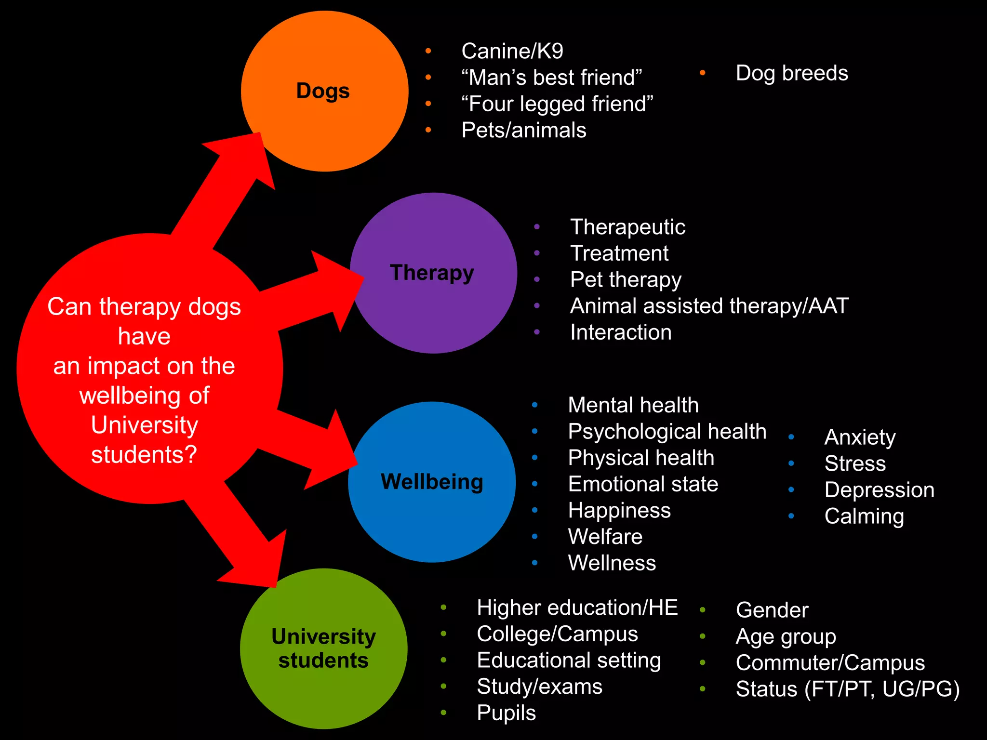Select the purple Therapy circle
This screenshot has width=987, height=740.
pos(433,308)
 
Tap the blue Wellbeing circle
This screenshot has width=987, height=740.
pos(432,520)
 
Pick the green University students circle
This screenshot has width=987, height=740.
pos(324,694)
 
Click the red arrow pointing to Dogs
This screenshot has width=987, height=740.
pos(227,188)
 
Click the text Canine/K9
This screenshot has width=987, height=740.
pos(512,51)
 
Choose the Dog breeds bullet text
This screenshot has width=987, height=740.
pos(792,73)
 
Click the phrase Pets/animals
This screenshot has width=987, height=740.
pos(524,130)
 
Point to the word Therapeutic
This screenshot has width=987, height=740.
pos(627,227)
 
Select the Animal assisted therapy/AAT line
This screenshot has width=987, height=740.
pos(709,306)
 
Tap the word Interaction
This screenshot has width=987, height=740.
pos(621,332)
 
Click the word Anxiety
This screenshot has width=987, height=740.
pos(860,437)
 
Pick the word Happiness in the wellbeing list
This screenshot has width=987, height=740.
pos(619,510)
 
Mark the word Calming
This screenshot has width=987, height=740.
pos(864,516)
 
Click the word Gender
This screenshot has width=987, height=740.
pos(772,610)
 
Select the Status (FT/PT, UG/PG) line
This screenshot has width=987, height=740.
pos(848,689)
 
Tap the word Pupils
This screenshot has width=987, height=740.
pos(506,713)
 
